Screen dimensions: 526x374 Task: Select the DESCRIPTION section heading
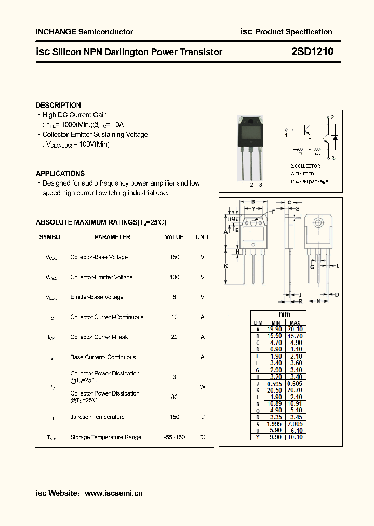point(58,105)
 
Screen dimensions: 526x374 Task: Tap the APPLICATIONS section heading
point(60,173)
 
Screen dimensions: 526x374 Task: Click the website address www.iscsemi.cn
point(113,493)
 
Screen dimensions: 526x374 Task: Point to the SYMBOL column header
point(51,237)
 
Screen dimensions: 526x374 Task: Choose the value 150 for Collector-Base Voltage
point(175,257)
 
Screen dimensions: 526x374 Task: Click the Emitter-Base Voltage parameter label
point(97,297)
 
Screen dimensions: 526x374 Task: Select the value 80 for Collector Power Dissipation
point(175,397)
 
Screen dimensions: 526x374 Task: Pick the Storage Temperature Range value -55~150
point(175,437)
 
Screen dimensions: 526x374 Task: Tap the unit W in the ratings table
point(203,387)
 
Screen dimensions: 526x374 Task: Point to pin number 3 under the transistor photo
point(261,185)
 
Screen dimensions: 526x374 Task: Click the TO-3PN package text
point(309,182)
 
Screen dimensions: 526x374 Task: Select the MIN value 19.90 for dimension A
point(274,329)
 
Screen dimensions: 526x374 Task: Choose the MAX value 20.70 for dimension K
point(295,390)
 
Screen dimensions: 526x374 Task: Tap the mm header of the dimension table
point(285,314)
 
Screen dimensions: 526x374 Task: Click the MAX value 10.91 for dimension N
point(295,403)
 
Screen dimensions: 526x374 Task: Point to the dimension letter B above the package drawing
point(252,202)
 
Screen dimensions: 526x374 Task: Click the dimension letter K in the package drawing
point(226,266)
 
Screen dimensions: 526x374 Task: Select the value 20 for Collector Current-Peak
point(175,337)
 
